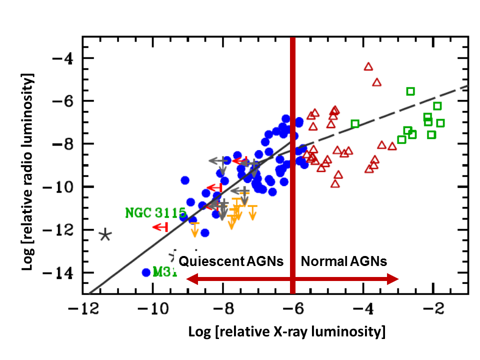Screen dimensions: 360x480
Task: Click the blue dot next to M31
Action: tap(146, 272)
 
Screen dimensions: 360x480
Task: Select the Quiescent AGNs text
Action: tap(231, 261)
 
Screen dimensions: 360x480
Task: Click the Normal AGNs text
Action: tap(344, 261)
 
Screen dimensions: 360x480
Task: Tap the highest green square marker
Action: tap(410, 91)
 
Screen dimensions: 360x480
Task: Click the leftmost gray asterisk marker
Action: tap(105, 234)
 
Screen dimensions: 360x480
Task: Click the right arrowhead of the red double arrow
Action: tap(395, 279)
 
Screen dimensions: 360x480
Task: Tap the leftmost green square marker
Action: tap(355, 123)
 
